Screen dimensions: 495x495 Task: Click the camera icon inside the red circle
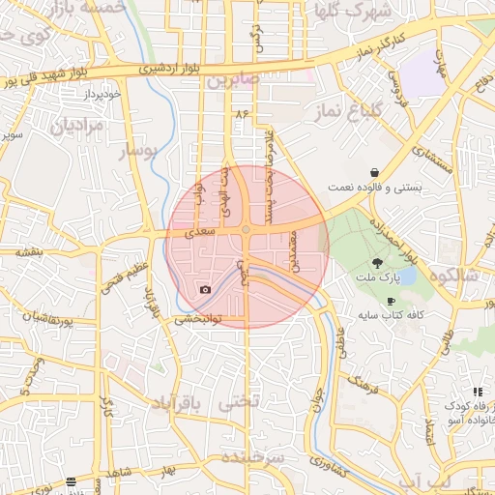[x=205, y=290]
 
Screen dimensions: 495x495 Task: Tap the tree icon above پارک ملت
[x=376, y=262]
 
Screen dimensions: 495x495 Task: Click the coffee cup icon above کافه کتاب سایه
[x=392, y=302]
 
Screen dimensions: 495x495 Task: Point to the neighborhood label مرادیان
[x=75, y=126]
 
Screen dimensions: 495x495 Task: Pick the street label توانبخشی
[x=198, y=319]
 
